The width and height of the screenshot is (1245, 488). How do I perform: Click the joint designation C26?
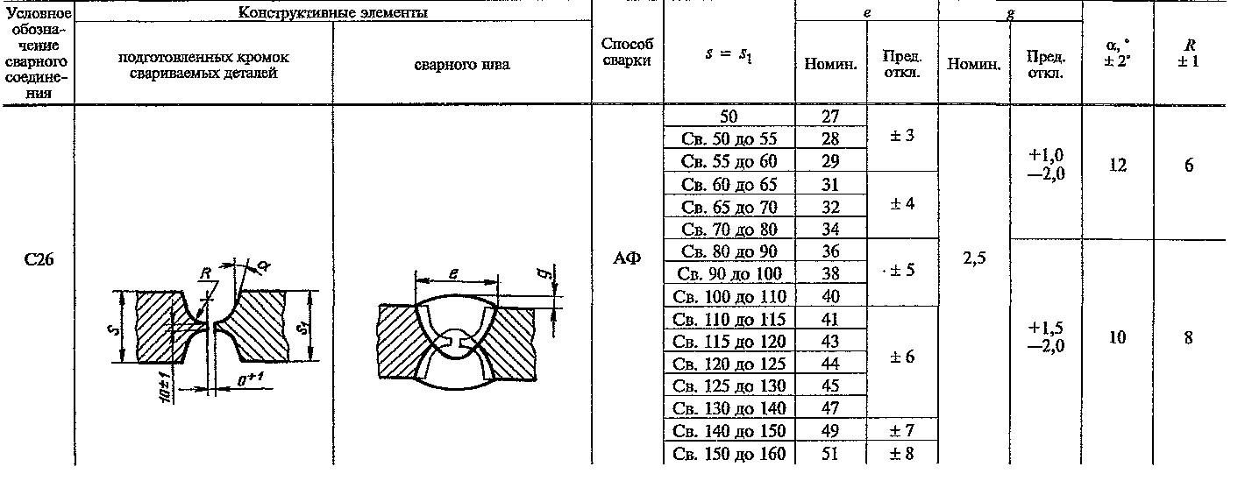[x=39, y=259]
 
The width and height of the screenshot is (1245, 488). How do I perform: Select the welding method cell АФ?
[x=627, y=258]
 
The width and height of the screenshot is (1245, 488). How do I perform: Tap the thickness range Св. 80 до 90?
[x=729, y=251]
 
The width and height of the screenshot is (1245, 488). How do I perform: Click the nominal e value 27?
[x=830, y=117]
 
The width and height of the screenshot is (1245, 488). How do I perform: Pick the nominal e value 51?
[x=830, y=454]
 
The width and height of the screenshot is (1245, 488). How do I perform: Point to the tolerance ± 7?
[x=901, y=430]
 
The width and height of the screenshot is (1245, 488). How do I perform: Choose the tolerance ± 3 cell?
[x=901, y=136]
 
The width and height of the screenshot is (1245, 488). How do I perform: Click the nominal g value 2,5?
[x=974, y=258]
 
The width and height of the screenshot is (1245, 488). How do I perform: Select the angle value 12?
[x=1118, y=165]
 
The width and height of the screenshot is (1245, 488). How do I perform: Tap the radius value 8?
[x=1188, y=337]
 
